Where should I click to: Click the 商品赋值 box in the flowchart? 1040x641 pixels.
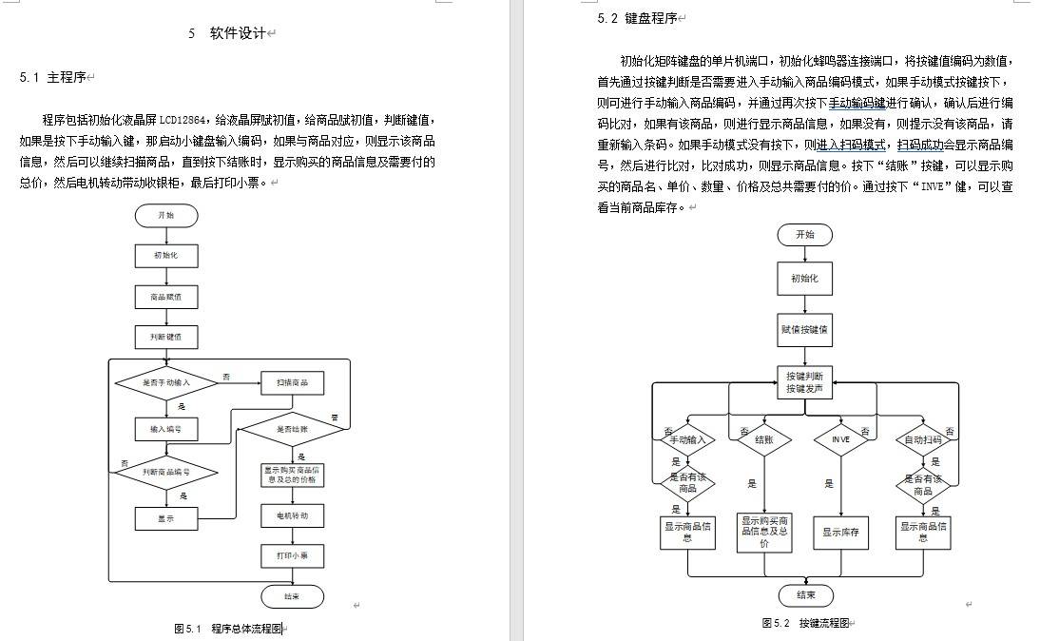(x=166, y=296)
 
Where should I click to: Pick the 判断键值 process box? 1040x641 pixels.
(x=166, y=337)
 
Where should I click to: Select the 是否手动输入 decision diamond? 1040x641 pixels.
(x=166, y=382)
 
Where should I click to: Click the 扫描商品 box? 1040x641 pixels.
(x=292, y=382)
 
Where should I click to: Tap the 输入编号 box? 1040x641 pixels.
(x=166, y=429)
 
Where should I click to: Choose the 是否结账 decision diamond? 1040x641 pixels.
(x=292, y=429)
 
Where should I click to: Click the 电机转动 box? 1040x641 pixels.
(x=292, y=515)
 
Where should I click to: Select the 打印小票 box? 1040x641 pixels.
(x=292, y=555)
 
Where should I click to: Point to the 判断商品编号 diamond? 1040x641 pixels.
(x=166, y=472)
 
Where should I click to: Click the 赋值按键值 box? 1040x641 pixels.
(x=804, y=330)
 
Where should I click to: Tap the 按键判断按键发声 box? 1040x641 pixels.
(x=804, y=382)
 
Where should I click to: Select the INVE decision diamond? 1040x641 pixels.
(x=841, y=440)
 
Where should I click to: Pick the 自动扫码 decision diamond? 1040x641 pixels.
(x=923, y=440)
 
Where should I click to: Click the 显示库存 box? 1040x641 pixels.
(x=841, y=533)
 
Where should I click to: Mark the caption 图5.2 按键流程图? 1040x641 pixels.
(x=804, y=623)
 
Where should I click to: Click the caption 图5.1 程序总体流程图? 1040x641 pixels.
(x=228, y=629)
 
